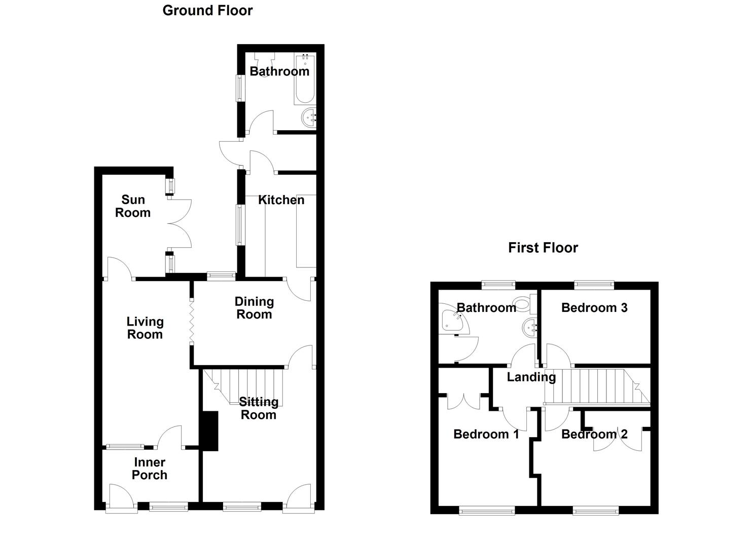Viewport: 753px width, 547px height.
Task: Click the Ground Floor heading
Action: (x=207, y=11)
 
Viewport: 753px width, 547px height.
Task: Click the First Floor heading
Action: (x=543, y=248)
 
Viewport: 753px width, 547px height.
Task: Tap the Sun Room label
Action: (x=133, y=206)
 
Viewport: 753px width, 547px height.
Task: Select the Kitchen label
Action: (x=281, y=200)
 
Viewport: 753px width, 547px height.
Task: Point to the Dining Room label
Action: (x=254, y=308)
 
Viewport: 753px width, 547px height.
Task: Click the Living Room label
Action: (x=145, y=328)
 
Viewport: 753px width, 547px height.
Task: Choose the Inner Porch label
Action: (x=150, y=468)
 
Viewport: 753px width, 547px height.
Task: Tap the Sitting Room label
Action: (x=259, y=408)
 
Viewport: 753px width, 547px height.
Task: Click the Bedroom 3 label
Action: (x=594, y=308)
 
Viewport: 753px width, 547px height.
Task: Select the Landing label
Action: (x=531, y=377)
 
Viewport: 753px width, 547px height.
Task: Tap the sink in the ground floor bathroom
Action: (x=308, y=119)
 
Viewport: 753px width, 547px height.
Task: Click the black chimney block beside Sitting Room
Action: (x=209, y=431)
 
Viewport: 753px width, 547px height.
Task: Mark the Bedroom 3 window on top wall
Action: (x=594, y=285)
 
